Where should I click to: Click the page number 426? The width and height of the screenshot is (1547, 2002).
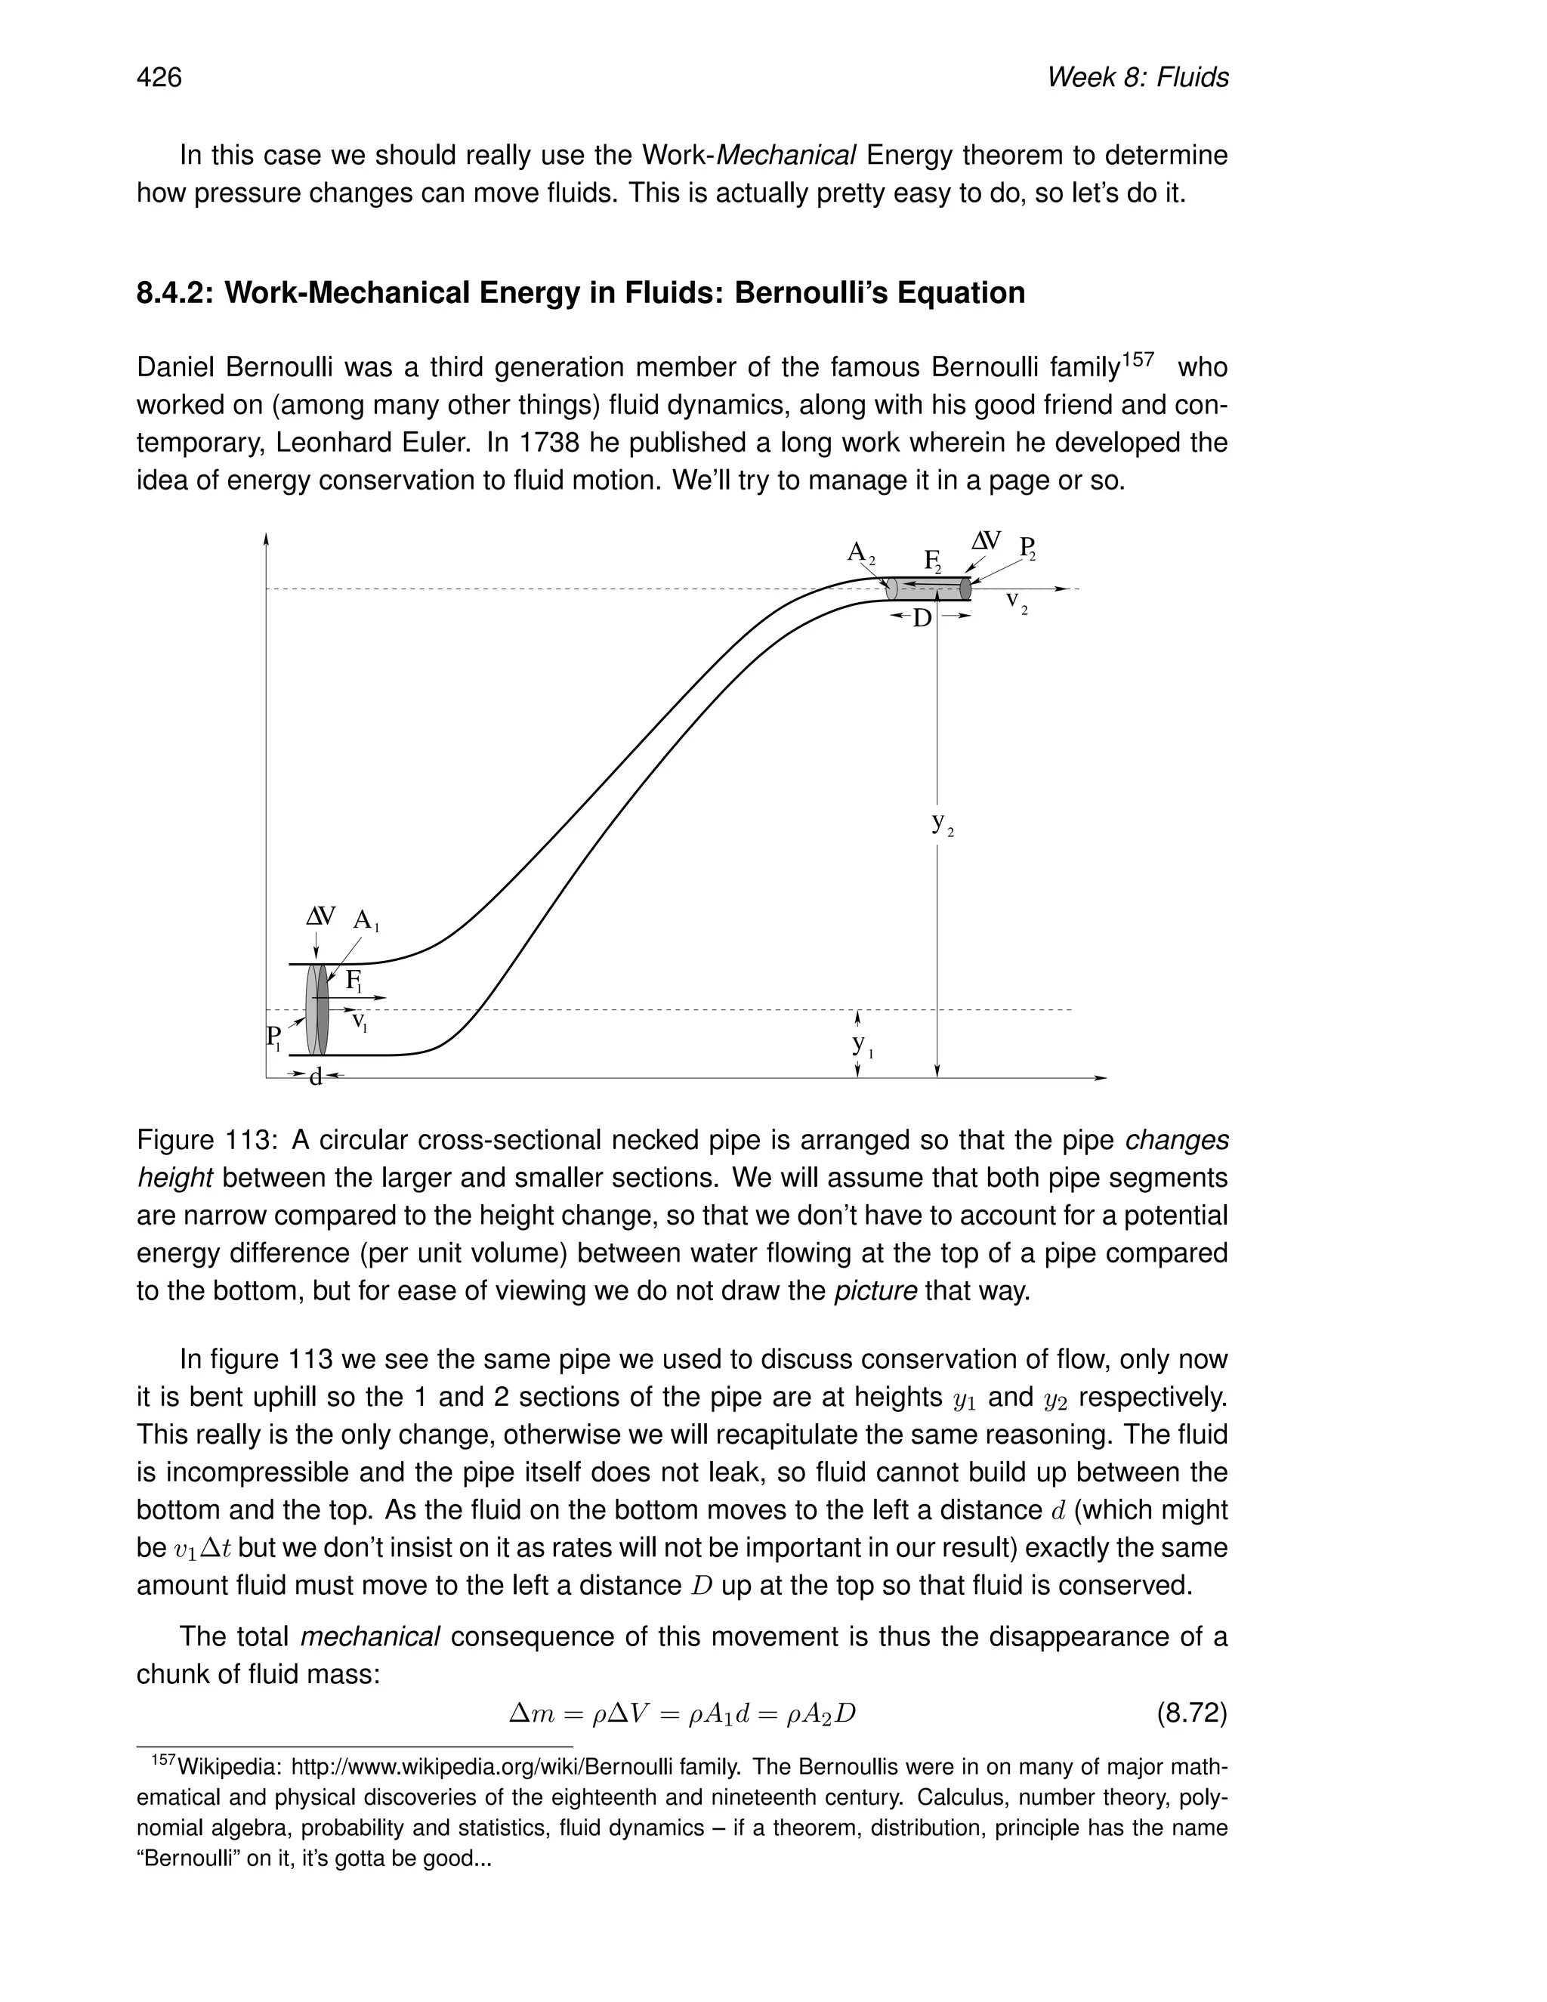(x=159, y=77)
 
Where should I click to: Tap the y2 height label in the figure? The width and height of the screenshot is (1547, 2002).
(x=942, y=823)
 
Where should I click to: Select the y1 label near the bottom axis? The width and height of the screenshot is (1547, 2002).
(x=861, y=1044)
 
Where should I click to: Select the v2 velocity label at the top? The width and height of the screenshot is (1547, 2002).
(x=1015, y=601)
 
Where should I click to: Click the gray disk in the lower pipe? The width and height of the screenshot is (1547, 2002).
(x=317, y=1009)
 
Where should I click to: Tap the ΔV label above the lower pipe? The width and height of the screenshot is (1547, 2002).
(x=321, y=916)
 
